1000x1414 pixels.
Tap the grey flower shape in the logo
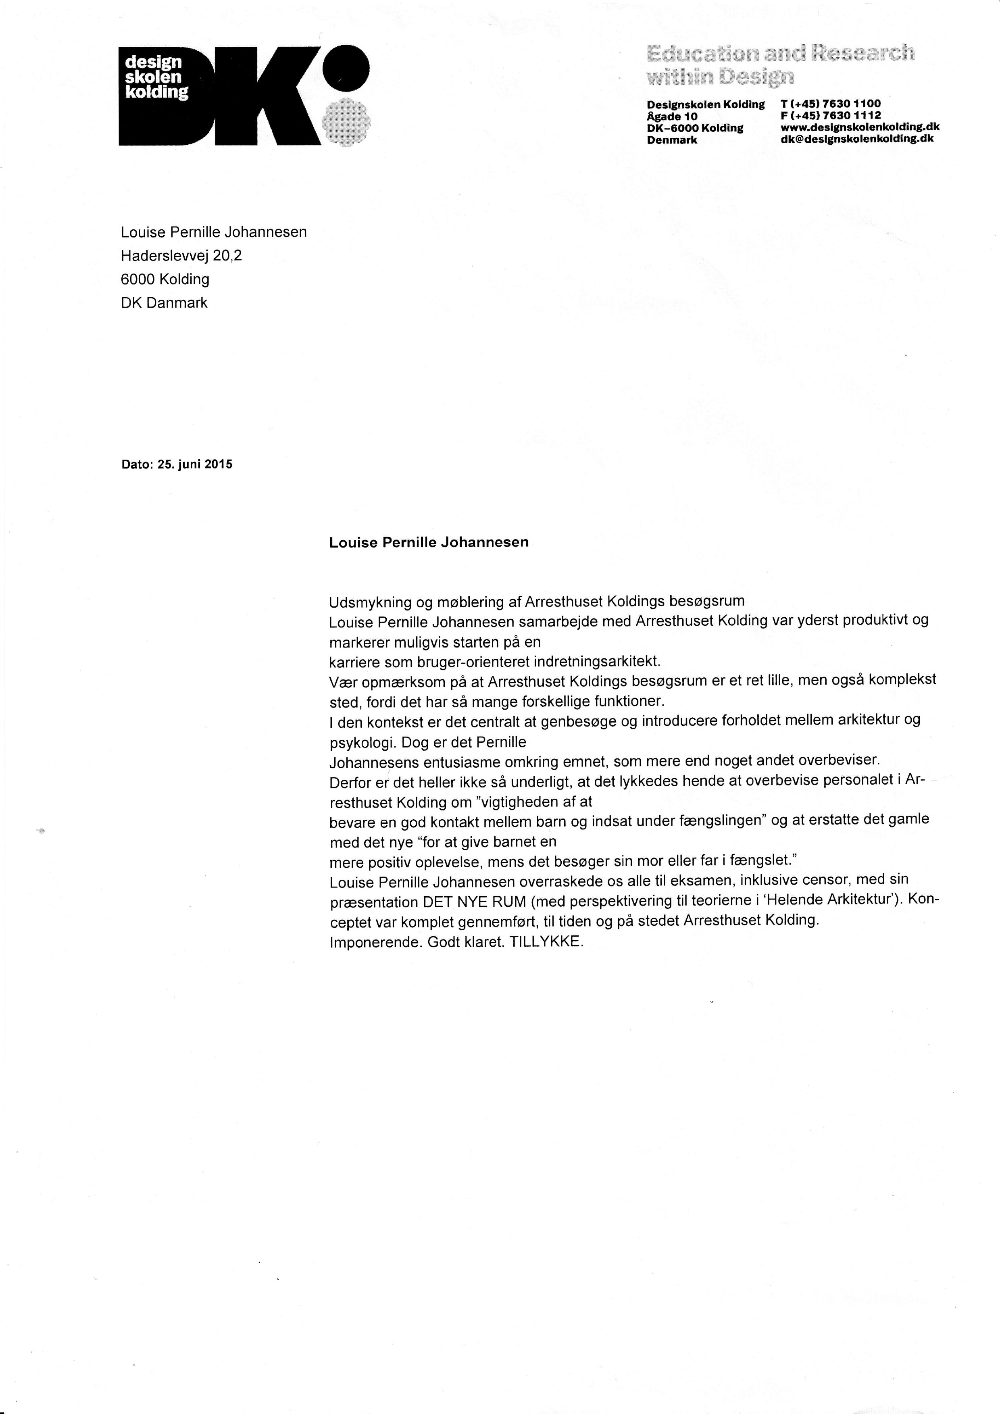click(x=347, y=121)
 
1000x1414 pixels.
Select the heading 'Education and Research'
click(x=780, y=54)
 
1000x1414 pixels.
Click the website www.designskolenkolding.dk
click(x=860, y=127)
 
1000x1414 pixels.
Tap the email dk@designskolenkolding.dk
click(x=856, y=139)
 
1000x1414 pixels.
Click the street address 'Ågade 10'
click(x=672, y=116)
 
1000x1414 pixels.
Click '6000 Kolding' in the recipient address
click(x=165, y=279)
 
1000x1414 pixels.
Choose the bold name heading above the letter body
click(x=429, y=542)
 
